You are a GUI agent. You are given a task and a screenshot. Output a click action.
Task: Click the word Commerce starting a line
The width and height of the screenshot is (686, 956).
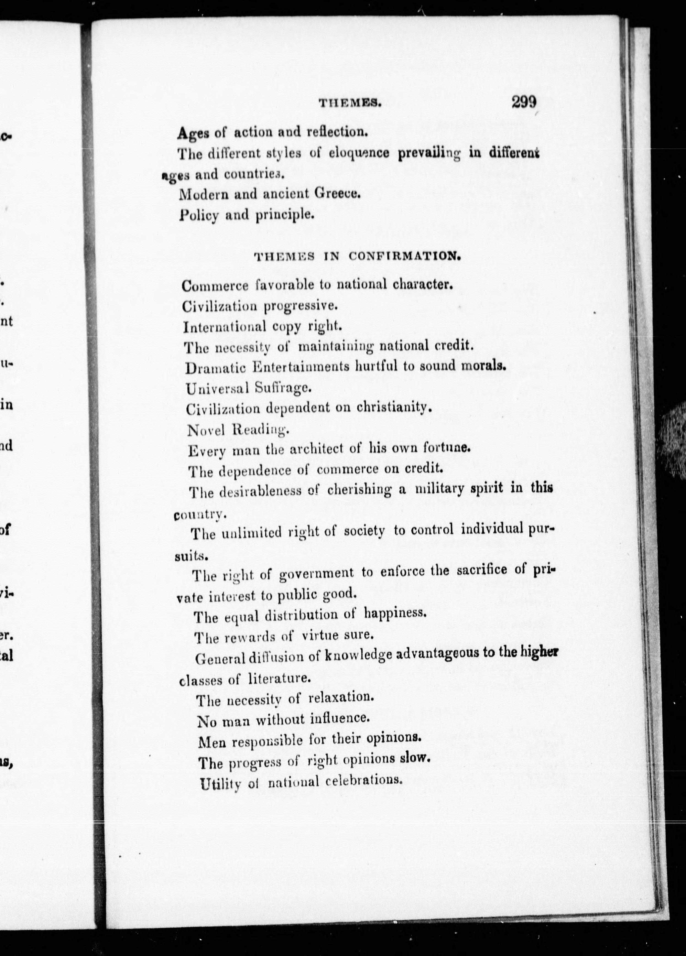tap(215, 286)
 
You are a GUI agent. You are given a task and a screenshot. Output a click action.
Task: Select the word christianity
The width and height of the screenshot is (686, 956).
tap(394, 407)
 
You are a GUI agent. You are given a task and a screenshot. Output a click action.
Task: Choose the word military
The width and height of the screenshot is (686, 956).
tap(440, 489)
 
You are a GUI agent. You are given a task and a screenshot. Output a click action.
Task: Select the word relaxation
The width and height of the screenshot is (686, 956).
tap(341, 697)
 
